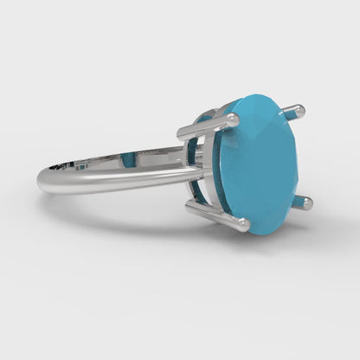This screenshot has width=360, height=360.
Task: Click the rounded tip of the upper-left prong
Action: point(232,119)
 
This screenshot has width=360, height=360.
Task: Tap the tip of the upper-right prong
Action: point(299,111)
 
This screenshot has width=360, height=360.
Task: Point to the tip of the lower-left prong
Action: point(244,225)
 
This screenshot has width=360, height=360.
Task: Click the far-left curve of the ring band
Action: point(40,180)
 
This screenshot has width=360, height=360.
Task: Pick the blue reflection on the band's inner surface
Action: point(128,159)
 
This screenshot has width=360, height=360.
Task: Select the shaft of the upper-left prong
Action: point(203,129)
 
